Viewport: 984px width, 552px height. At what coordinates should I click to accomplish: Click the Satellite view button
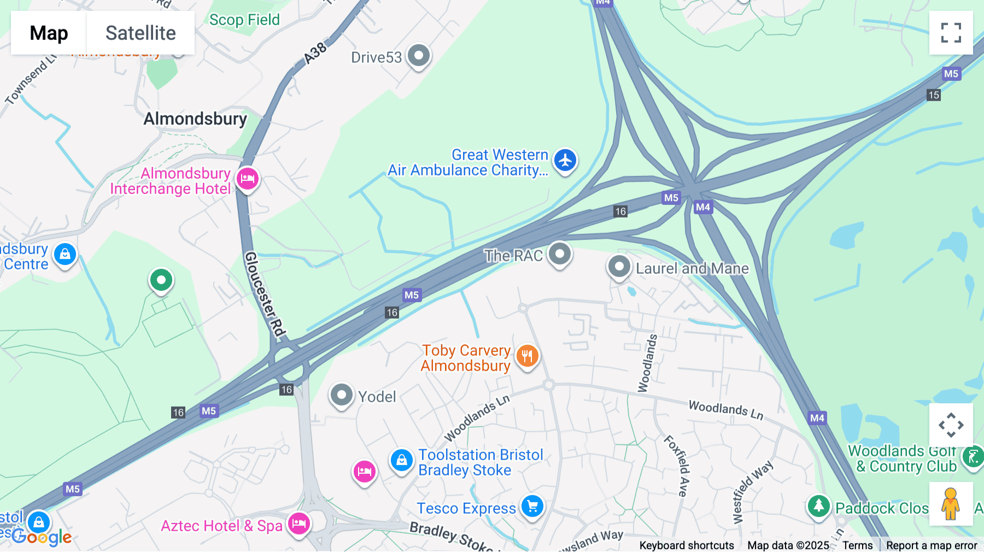point(140,33)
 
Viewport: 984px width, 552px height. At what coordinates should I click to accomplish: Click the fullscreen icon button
point(951,33)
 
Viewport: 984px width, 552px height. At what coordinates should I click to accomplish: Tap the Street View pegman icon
point(951,504)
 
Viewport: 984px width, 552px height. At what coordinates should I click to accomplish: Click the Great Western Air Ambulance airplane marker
point(565,161)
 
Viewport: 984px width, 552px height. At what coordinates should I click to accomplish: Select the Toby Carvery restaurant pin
point(527,356)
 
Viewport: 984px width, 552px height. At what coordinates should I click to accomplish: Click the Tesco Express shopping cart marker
point(532,506)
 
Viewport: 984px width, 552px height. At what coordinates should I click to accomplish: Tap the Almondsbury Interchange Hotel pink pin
point(248,178)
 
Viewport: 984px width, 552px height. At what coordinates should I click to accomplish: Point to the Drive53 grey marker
point(419,56)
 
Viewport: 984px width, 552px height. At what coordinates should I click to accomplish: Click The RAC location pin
point(560,254)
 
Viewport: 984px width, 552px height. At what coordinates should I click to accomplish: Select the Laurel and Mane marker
point(619,267)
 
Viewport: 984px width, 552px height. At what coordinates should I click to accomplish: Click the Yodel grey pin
point(342,395)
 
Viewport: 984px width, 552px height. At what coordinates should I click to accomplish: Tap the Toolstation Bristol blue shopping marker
point(401,460)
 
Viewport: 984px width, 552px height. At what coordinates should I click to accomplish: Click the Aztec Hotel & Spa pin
point(299,524)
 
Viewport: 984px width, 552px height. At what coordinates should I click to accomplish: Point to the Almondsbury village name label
point(195,119)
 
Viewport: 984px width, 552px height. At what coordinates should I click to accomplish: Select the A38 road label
point(315,53)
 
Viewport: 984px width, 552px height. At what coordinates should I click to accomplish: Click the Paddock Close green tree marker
point(818,506)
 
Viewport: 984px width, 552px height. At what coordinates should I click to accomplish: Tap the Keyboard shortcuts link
point(687,545)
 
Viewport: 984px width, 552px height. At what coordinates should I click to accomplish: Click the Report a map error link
point(932,545)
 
